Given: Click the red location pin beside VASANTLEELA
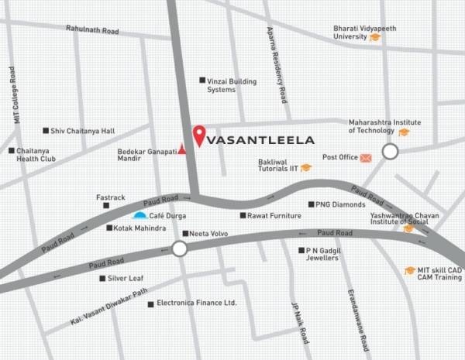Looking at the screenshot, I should coord(198,135).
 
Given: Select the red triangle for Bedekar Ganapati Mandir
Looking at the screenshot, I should coord(182,149).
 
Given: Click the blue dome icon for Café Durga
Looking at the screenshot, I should coord(139,214).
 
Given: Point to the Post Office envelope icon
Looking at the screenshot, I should coord(366,158).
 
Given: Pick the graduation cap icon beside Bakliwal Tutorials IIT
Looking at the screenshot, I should coord(306,167).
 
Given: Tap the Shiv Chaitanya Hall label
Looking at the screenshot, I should coord(82,132).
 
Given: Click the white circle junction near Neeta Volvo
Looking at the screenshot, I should coord(180,249).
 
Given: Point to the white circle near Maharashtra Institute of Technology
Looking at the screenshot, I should coord(390,152).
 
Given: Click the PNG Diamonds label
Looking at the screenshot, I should coord(339,204).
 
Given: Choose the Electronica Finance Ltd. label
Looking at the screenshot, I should coord(196,303).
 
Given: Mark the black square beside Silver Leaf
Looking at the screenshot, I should coord(102,278).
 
